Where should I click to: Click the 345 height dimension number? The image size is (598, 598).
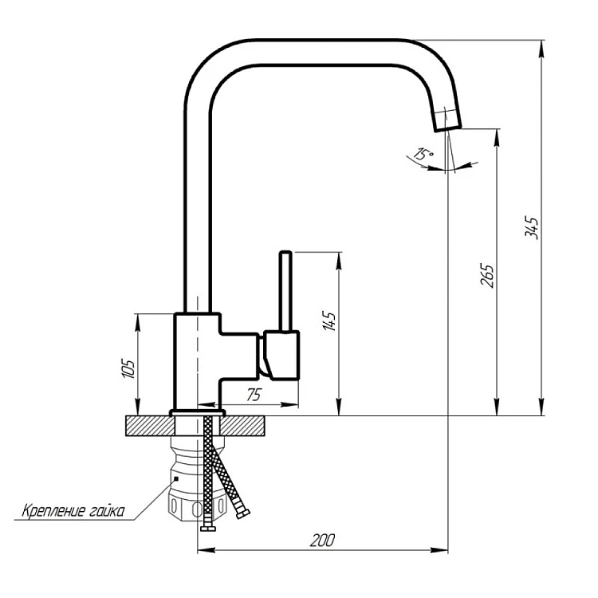[x=531, y=227]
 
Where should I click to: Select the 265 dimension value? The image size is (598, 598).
[x=487, y=275]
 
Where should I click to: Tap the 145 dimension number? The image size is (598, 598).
[x=329, y=321]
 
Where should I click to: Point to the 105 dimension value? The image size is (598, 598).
[x=128, y=368]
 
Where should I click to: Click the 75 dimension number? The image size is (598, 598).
[x=254, y=395]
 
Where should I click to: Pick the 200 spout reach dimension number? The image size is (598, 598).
[x=322, y=540]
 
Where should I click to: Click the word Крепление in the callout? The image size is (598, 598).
[x=53, y=510]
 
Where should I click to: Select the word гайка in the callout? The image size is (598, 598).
[x=108, y=510]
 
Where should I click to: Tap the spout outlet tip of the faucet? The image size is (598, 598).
[x=448, y=128]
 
